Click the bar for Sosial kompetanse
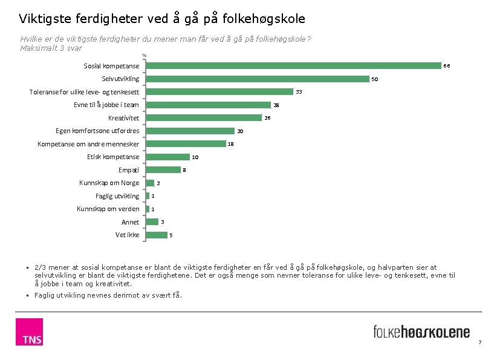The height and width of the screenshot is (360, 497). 293,66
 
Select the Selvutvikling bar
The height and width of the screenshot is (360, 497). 258,79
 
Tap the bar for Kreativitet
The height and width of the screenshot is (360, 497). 204,117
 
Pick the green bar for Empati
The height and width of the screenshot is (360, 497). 163,169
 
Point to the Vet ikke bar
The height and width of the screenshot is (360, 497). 157,235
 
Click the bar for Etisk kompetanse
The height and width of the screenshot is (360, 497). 167,157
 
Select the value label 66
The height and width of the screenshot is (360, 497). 447,66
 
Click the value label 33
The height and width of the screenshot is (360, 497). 299,92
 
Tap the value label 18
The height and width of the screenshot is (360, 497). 231,144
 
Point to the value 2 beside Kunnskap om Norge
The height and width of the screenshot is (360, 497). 158,183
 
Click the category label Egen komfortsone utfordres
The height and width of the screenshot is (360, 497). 97,131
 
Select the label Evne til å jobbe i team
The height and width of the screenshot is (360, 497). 106,105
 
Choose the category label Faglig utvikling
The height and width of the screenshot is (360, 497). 117,196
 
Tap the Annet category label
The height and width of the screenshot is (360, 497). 130,222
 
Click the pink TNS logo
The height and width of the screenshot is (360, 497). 29,332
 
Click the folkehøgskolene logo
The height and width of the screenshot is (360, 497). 421,332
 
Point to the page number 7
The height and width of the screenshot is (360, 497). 480,342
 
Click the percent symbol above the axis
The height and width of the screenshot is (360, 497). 145,56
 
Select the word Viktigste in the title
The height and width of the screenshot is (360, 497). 45,19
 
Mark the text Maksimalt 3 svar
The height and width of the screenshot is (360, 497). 51,48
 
